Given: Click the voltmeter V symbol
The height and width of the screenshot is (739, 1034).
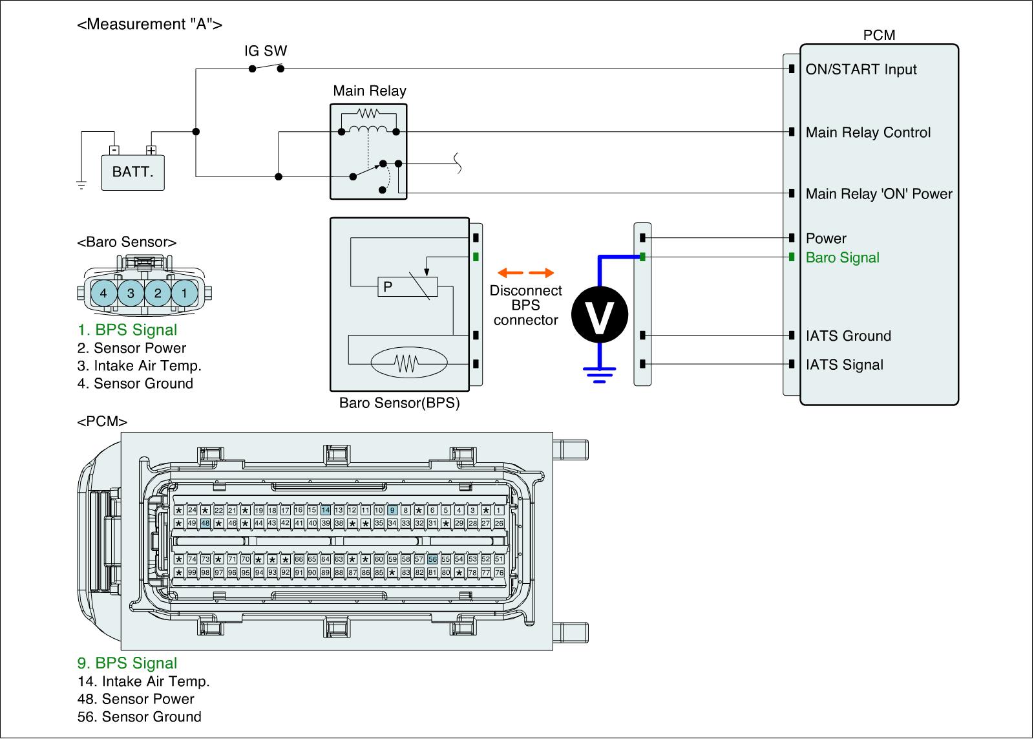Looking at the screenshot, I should (600, 315).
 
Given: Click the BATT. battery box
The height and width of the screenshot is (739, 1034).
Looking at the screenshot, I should (132, 172).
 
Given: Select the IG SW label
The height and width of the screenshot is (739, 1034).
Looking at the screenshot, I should (266, 51).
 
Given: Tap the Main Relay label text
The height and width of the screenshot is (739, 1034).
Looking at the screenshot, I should (369, 91).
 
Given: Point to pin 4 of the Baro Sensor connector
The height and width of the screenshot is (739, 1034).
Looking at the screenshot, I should (103, 293).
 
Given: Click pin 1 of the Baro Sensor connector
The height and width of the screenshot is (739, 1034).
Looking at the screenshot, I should (184, 293).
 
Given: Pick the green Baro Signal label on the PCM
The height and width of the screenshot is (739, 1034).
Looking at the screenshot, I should (842, 258).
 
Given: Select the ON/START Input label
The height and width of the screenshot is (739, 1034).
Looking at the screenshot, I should (861, 70).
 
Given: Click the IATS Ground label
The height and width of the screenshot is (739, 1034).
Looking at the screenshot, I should (848, 336).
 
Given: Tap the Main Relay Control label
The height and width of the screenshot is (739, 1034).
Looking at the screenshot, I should (868, 133).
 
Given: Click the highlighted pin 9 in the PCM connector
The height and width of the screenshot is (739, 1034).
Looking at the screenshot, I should (392, 510).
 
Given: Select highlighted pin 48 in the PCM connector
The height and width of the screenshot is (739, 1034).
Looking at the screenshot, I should (206, 523).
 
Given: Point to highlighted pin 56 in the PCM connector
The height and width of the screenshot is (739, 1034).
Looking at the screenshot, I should (432, 559).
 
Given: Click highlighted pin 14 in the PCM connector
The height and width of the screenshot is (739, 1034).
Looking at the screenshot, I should (326, 510).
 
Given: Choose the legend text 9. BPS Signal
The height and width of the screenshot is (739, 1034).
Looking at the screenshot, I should (127, 663).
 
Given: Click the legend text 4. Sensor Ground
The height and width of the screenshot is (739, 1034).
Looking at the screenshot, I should (135, 383).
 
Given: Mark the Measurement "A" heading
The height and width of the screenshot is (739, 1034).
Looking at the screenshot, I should (149, 25).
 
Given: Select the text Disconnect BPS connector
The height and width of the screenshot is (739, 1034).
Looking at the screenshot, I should (525, 305).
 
